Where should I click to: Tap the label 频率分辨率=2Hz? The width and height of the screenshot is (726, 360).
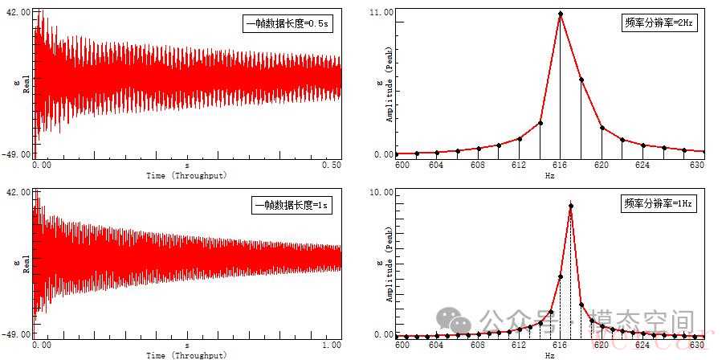[x=658, y=23]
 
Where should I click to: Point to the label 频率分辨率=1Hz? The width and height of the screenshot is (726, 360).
[x=658, y=204]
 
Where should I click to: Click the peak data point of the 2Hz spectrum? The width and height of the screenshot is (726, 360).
[x=561, y=14]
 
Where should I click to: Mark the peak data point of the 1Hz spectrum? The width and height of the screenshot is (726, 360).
[x=571, y=207]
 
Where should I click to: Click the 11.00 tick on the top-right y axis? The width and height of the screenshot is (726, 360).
[x=381, y=13]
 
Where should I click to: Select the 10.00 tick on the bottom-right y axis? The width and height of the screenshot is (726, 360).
[x=381, y=194]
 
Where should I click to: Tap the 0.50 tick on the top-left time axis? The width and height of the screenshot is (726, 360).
[x=331, y=165]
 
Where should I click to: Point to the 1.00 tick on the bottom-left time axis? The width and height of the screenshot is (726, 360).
[x=331, y=345]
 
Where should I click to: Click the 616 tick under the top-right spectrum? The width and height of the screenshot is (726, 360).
[x=561, y=165]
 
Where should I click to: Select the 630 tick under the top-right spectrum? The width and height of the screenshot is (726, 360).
[x=696, y=165]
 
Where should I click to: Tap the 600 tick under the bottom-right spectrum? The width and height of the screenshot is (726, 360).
[x=402, y=345]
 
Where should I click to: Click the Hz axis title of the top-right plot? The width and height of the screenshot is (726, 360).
[x=549, y=174]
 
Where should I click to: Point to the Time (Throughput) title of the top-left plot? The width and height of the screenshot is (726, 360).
[x=186, y=174]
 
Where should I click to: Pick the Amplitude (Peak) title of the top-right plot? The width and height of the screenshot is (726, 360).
[x=390, y=91]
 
